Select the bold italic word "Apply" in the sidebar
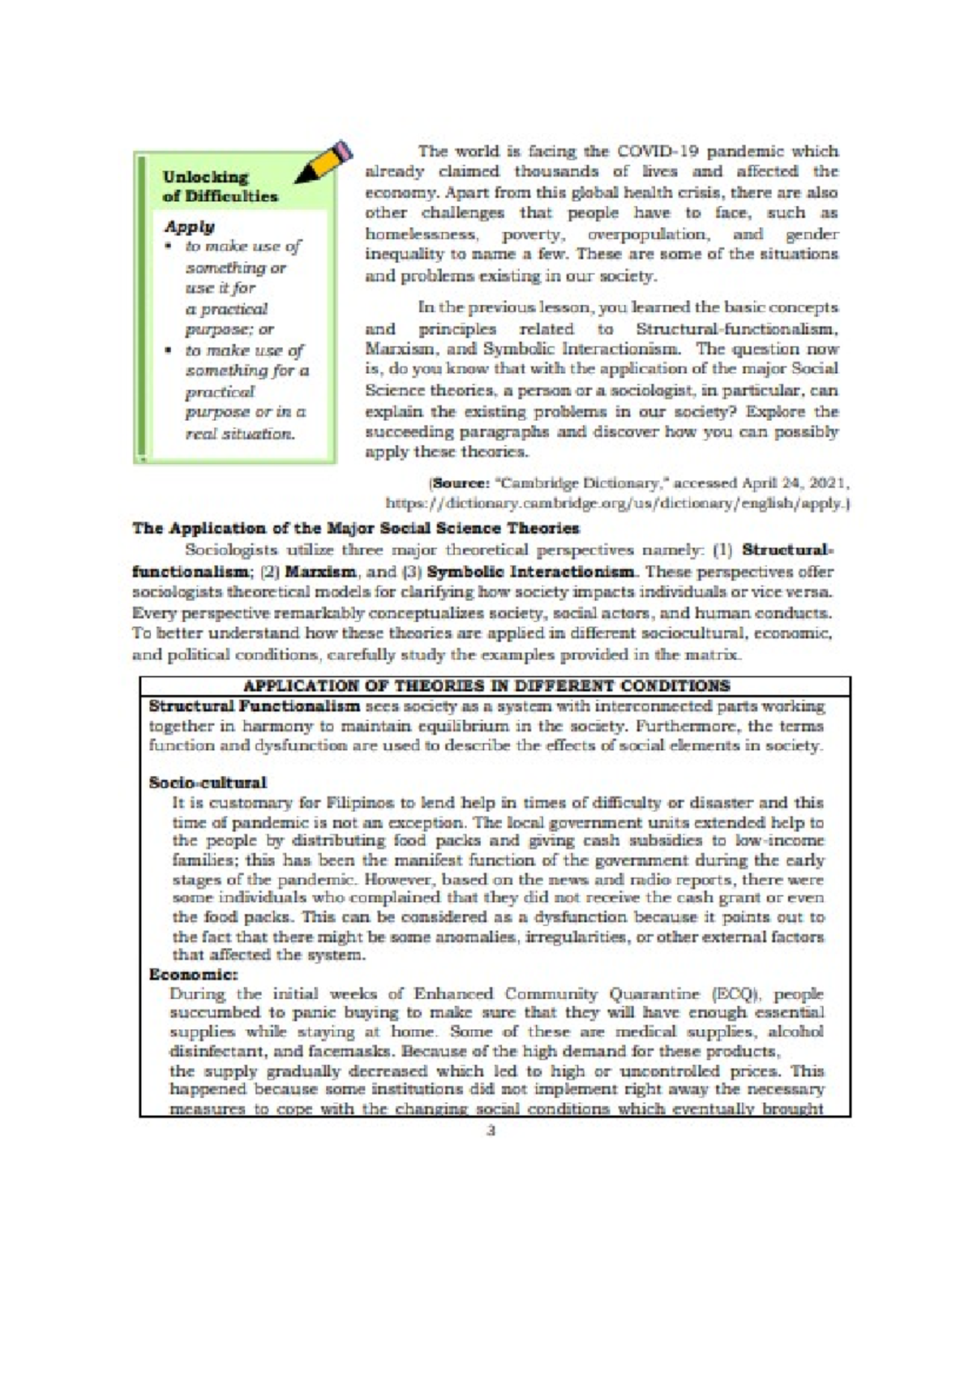coord(190,226)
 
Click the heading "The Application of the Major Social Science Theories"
coord(356,529)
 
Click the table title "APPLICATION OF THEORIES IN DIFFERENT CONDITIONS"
coord(486,686)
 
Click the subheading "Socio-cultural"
coord(208,783)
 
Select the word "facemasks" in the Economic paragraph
coord(358,1053)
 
